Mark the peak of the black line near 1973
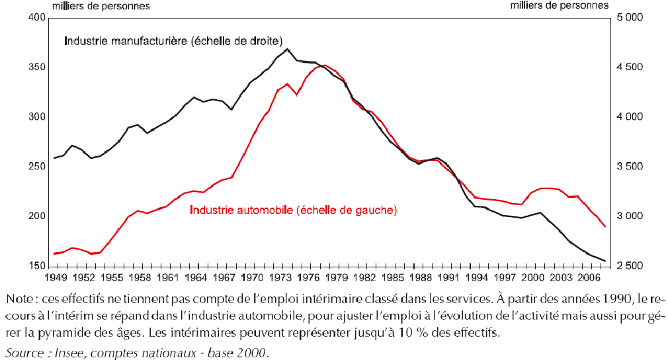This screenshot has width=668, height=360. pos(287,49)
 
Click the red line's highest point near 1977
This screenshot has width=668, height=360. pos(324,65)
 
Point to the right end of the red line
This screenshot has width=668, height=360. pos(605,226)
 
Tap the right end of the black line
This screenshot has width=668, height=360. pos(605,261)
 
